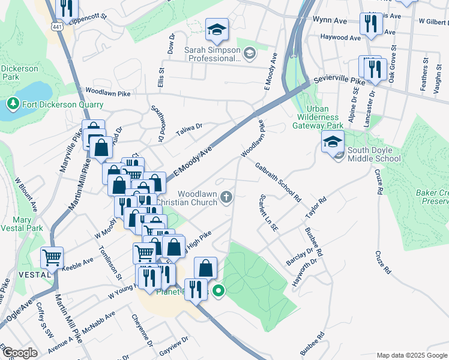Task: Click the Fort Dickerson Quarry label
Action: [x=63, y=104]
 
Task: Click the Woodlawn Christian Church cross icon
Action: [x=226, y=197]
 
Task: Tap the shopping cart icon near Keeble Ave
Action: [x=52, y=258]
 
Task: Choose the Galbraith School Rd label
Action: [x=277, y=182]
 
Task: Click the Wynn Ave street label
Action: [x=330, y=20]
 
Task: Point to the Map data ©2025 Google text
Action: [x=412, y=355]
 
